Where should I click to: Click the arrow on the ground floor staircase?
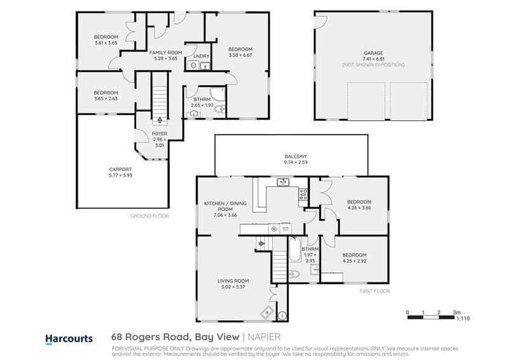pyautogui.click(x=158, y=119)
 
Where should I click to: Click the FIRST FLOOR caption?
pyautogui.click(x=375, y=291)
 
